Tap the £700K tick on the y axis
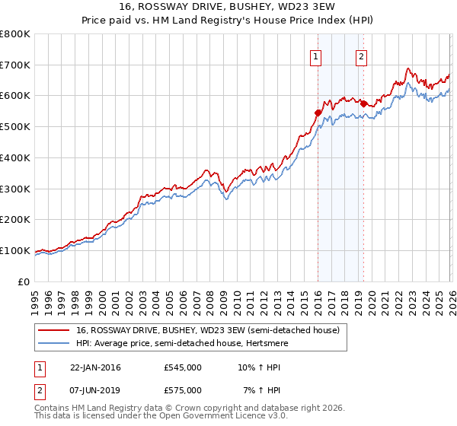point(15,65)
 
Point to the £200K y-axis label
point(15,219)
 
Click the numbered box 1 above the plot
point(315,56)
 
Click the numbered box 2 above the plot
point(361,56)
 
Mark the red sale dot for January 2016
point(318,113)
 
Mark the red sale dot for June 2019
point(363,103)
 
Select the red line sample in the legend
point(54,329)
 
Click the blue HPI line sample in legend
point(54,342)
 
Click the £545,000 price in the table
point(183,367)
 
